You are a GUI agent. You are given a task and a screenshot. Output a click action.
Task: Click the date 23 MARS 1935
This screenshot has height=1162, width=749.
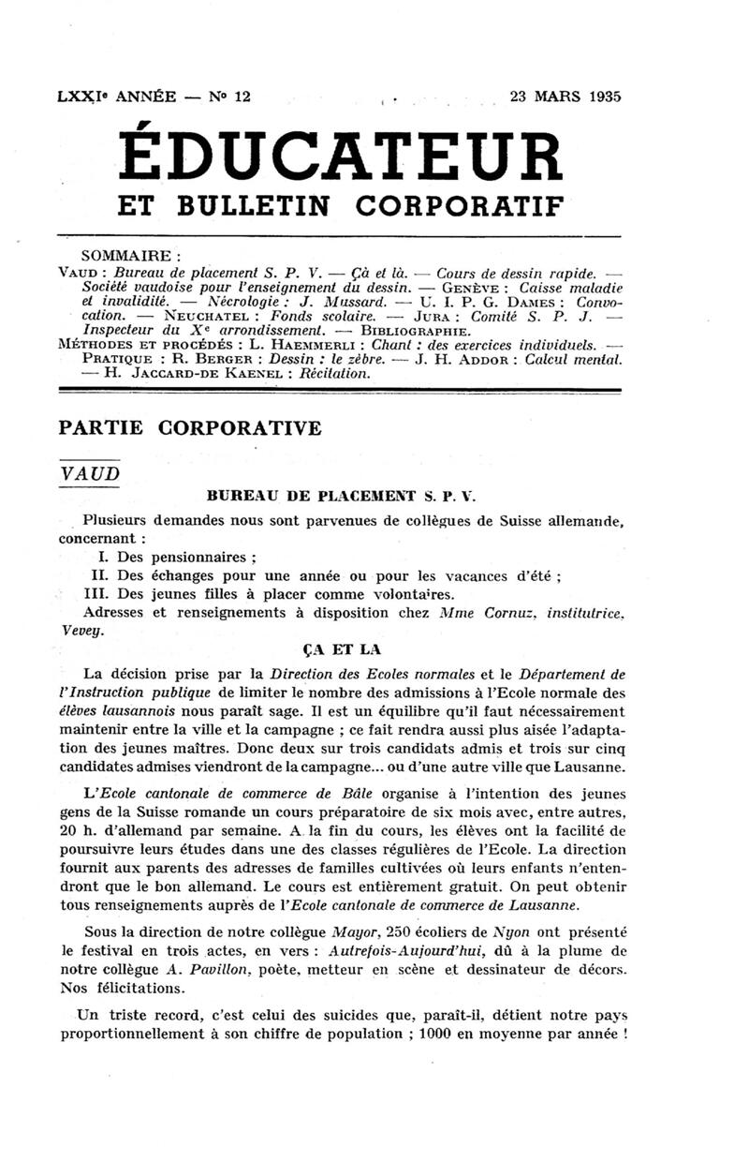click(x=565, y=96)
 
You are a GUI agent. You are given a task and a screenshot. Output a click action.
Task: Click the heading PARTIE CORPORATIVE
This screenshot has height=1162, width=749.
click(x=189, y=428)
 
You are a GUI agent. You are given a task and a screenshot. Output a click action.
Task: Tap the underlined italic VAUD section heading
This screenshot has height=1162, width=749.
click(x=90, y=473)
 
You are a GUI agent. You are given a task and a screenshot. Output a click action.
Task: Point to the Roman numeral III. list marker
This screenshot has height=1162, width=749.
click(x=96, y=593)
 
